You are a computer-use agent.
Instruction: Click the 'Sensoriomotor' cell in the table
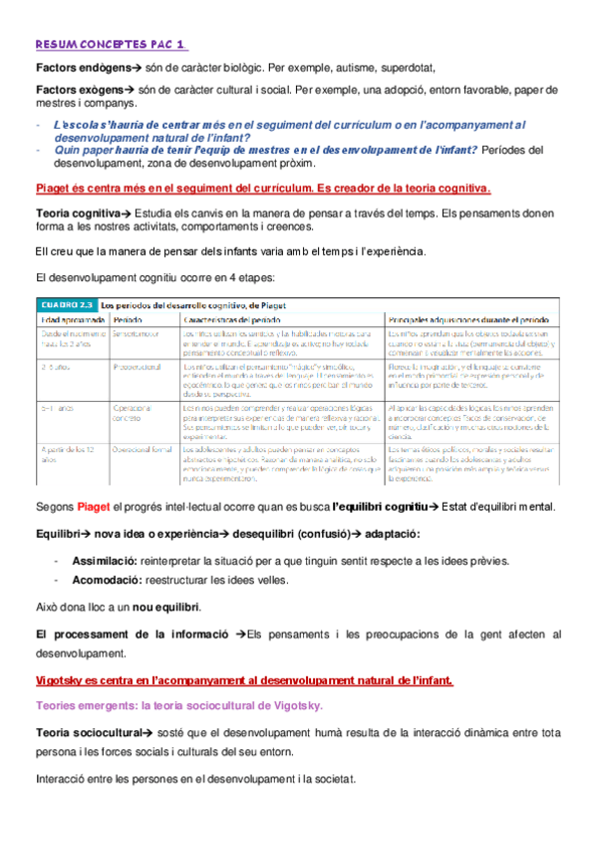pyautogui.click(x=138, y=332)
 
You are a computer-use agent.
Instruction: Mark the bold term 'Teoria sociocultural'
pyautogui.click(x=88, y=733)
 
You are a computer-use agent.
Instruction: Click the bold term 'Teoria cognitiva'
pyautogui.click(x=76, y=212)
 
